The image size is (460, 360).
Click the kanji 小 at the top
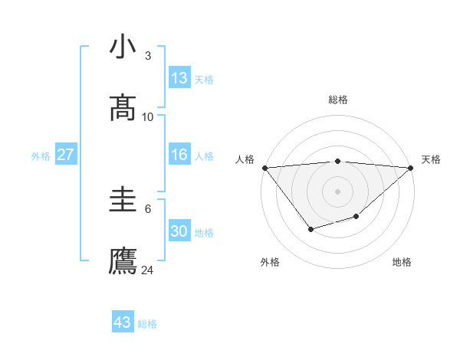[x=123, y=47]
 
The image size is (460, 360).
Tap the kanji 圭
[x=123, y=201]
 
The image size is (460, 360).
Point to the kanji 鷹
[x=123, y=260]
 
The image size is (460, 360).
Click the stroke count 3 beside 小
[x=147, y=56]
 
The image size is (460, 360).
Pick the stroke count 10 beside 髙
[x=148, y=116]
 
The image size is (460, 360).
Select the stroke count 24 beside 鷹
[x=148, y=270]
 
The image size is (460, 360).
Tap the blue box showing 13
[x=179, y=78]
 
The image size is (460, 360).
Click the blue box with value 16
[x=179, y=155]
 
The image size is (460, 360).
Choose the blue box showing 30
[x=179, y=231]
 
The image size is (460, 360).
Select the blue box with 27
[x=65, y=155]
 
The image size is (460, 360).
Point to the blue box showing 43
[x=123, y=322]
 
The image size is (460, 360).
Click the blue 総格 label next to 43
[x=148, y=324]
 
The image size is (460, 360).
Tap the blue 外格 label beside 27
[x=41, y=156]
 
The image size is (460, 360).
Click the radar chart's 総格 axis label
[x=337, y=100]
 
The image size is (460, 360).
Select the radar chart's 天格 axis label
[x=431, y=159]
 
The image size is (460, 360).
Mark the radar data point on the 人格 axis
[x=264, y=168]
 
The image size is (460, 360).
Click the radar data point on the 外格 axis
[x=310, y=229]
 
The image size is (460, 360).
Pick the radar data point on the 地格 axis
[x=356, y=217]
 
